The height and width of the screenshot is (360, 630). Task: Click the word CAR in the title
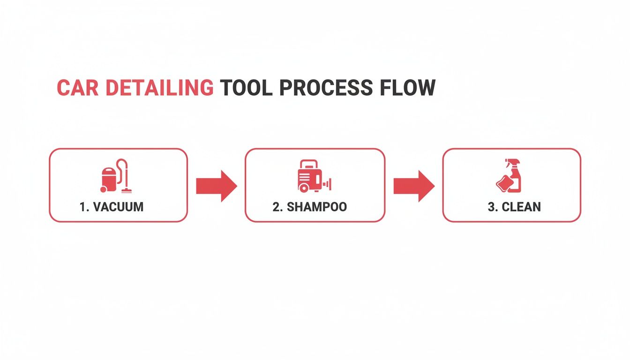tap(77, 88)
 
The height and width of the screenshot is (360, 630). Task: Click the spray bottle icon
tap(510, 176)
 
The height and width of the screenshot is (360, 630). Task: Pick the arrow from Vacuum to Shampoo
tap(216, 186)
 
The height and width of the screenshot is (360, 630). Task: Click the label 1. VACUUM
tap(112, 207)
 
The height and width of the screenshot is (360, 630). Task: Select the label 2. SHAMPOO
tap(310, 207)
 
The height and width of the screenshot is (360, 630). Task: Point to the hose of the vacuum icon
tap(124, 169)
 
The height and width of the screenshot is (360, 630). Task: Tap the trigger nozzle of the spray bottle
tap(509, 162)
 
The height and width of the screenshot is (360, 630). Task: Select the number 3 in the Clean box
tap(491, 207)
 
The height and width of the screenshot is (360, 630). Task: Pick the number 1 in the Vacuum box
tap(82, 207)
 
